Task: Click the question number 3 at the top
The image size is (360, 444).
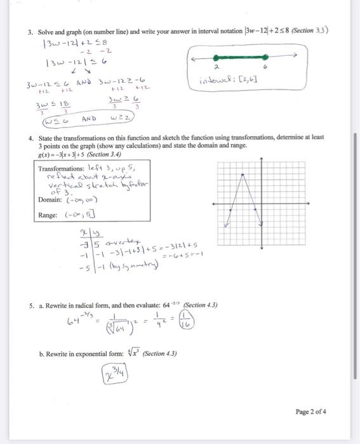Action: click(x=29, y=30)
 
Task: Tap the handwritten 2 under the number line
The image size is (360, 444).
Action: click(x=216, y=66)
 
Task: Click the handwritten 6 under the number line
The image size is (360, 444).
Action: click(x=266, y=67)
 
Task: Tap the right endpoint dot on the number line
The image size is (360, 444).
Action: click(x=267, y=56)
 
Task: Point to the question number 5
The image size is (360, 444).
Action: click(x=30, y=305)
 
